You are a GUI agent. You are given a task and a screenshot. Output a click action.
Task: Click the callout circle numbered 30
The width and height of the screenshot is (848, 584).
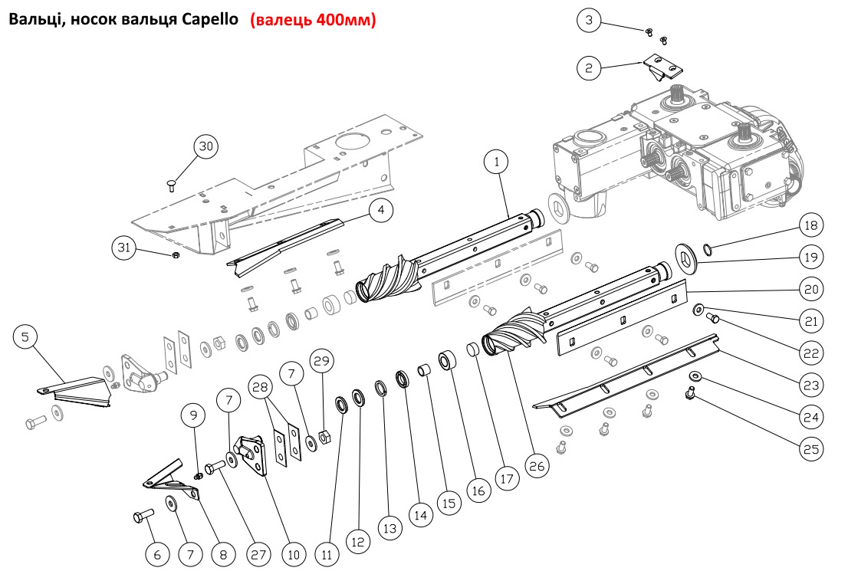[x=204, y=146]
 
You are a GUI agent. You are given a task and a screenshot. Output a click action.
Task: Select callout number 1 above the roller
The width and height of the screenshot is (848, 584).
[x=497, y=162]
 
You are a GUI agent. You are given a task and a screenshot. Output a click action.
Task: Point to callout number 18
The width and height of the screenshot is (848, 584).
[x=810, y=226]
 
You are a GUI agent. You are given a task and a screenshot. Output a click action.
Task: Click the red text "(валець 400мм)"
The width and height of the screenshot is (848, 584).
[x=313, y=21]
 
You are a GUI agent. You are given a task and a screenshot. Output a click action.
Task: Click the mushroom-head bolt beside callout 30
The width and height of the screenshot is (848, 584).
[x=171, y=183]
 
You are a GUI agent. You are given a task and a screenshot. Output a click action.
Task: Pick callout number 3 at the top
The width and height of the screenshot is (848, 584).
[x=589, y=21]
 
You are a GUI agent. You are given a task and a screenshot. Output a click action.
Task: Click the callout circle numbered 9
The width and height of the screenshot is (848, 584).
[x=194, y=415]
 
